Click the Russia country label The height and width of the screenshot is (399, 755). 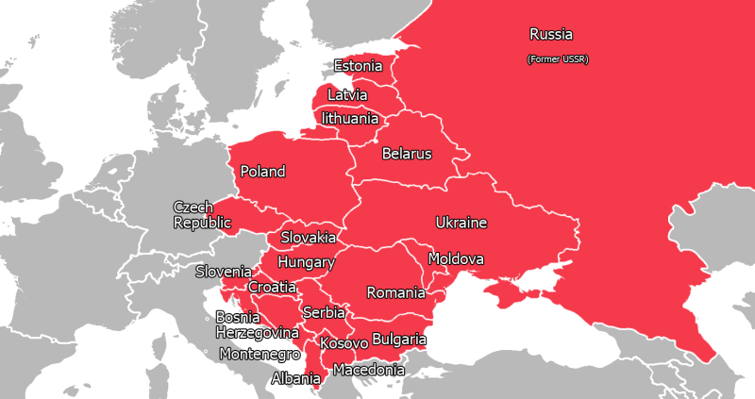click(x=551, y=35)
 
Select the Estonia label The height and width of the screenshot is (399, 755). click(x=358, y=66)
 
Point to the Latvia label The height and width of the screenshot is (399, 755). click(x=347, y=95)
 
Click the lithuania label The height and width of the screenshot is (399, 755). click(x=350, y=119)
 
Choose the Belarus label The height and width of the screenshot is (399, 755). click(x=407, y=154)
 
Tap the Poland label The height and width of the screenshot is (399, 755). click(x=262, y=172)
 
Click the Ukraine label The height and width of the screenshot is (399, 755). click(x=461, y=223)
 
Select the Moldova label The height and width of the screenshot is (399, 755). click(x=456, y=258)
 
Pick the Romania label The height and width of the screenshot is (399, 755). click(x=397, y=292)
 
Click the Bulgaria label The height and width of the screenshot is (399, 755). click(x=399, y=340)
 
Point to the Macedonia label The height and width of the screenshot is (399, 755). click(x=369, y=370)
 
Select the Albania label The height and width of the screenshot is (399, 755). click(x=294, y=379)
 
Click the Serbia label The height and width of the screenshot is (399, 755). click(x=324, y=312)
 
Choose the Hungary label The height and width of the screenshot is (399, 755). click(x=306, y=262)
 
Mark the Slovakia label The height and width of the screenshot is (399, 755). click(x=308, y=238)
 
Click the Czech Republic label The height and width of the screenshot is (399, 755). click(x=202, y=215)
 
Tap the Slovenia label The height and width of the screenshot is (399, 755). click(x=224, y=272)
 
